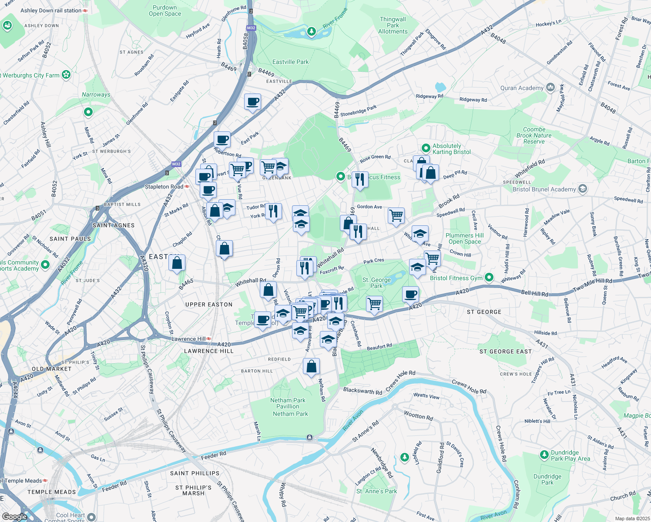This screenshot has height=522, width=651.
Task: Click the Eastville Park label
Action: point(290,62)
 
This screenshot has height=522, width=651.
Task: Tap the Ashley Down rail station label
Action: point(51,10)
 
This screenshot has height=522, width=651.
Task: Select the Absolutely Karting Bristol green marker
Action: point(426,149)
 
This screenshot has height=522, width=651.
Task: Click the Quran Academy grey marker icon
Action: point(550,88)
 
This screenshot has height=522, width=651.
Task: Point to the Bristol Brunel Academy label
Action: point(544,189)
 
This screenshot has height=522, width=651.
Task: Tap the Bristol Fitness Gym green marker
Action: point(490,278)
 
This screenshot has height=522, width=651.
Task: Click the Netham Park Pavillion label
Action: point(288,403)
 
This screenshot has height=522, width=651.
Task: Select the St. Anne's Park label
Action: point(376,491)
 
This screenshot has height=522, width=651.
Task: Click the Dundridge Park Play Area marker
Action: point(544,455)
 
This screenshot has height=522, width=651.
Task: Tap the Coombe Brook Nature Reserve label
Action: point(534,135)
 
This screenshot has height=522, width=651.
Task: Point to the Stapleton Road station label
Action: point(164,187)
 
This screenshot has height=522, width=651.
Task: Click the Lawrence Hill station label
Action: point(188,339)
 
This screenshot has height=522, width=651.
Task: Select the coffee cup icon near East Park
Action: point(222,140)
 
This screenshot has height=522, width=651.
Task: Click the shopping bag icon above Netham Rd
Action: point(311,367)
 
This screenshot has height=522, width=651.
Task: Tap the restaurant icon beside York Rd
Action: point(273,212)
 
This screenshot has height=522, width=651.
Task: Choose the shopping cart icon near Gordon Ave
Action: point(396,215)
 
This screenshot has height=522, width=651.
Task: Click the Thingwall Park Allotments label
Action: point(393,25)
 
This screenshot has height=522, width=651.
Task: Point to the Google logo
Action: point(14,517)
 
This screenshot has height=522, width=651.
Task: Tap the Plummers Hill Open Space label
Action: point(464,238)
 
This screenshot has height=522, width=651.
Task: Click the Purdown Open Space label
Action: point(164,10)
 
